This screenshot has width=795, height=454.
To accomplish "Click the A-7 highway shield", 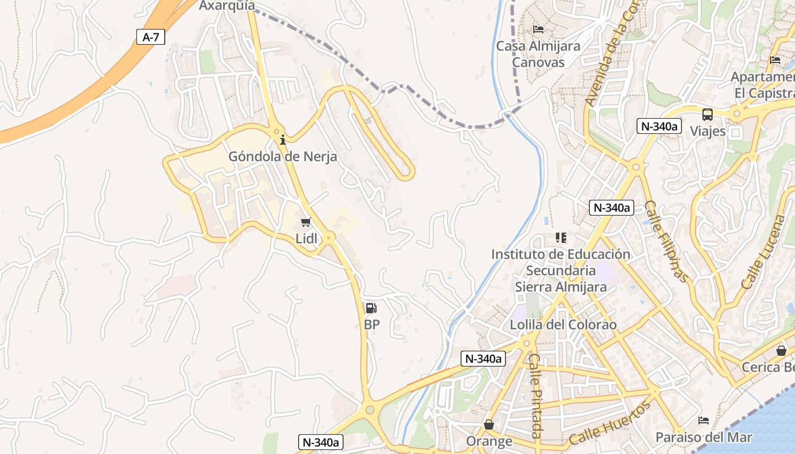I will pyautogui.click(x=151, y=37).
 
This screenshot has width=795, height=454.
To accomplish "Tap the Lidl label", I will pyautogui.click(x=307, y=238).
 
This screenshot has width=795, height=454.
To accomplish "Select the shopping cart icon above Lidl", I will pyautogui.click(x=306, y=222).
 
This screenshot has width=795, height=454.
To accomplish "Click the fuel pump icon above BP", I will pyautogui.click(x=371, y=308).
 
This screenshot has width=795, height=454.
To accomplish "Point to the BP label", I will pyautogui.click(x=372, y=325).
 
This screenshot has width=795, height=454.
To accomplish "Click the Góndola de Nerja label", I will pyautogui.click(x=283, y=157).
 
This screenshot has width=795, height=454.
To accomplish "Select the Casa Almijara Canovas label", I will pyautogui.click(x=538, y=54).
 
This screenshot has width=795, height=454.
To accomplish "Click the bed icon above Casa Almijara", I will pyautogui.click(x=538, y=30).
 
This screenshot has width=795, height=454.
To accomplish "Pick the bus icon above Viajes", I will pyautogui.click(x=708, y=115).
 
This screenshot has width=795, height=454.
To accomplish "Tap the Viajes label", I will pyautogui.click(x=708, y=131).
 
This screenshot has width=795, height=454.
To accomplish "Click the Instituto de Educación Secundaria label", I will pyautogui.click(x=560, y=270).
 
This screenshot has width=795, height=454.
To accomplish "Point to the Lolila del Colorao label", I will pyautogui.click(x=563, y=325).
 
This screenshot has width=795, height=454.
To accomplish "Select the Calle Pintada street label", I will pyautogui.click(x=535, y=395).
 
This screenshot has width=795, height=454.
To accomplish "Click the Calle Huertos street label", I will pyautogui.click(x=609, y=424).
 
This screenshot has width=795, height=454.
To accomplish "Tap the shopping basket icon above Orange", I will pyautogui.click(x=488, y=424).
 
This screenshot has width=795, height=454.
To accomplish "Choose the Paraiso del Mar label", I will pyautogui.click(x=704, y=438).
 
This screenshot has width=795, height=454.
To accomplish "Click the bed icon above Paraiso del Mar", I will pyautogui.click(x=704, y=421).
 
